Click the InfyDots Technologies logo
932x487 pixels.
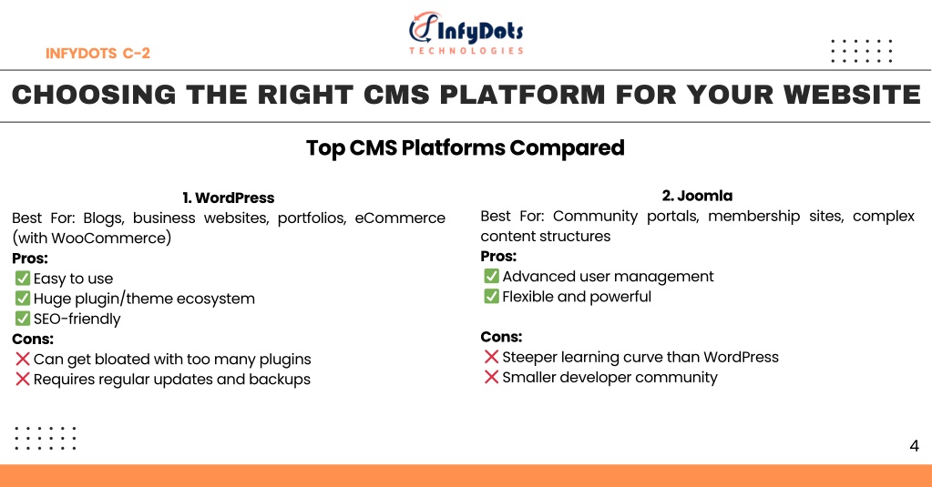pyautogui.click(x=466, y=34)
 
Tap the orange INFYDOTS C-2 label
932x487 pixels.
pyautogui.click(x=97, y=54)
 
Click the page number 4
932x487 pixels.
pyautogui.click(x=914, y=445)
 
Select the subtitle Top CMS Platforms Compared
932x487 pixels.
pyautogui.click(x=466, y=147)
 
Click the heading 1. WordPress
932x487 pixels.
pyautogui.click(x=229, y=198)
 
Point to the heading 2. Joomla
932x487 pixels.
pyautogui.click(x=697, y=196)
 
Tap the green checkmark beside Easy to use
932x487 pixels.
pyautogui.click(x=23, y=278)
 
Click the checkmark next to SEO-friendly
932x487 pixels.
pyautogui.click(x=23, y=319)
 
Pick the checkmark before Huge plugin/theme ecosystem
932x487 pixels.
pyautogui.click(x=23, y=299)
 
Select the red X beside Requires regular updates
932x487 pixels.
pyautogui.click(x=23, y=379)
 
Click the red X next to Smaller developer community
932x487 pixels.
pyautogui.click(x=492, y=377)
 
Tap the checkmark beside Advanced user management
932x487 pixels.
pyautogui.click(x=492, y=276)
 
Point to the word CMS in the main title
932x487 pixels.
pyautogui.click(x=396, y=95)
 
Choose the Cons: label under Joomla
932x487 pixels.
pyautogui.click(x=501, y=337)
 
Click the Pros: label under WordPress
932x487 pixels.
pyautogui.click(x=30, y=259)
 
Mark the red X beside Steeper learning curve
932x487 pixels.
pyautogui.click(x=492, y=356)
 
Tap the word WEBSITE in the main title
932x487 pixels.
pyautogui.click(x=852, y=95)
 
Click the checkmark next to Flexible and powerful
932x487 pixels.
pyautogui.click(x=492, y=296)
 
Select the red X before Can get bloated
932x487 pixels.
pyautogui.click(x=23, y=359)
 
